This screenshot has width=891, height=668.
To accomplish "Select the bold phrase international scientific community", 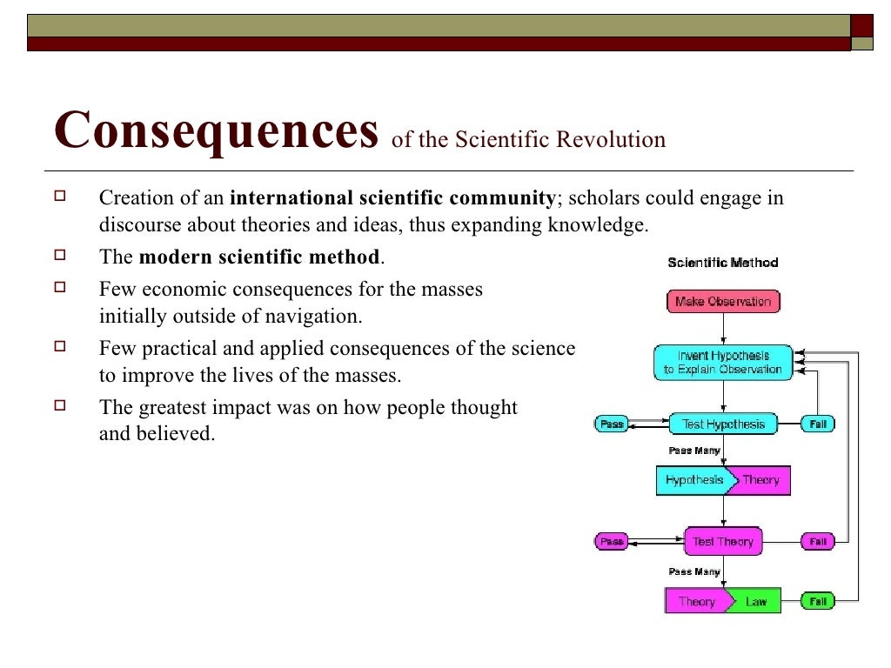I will (392, 198).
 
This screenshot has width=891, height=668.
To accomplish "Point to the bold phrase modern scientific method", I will (259, 257).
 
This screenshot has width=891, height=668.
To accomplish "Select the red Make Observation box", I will (723, 302).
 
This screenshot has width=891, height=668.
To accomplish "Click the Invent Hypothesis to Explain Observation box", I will (723, 362).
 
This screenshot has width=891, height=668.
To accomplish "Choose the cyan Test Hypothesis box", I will (723, 424).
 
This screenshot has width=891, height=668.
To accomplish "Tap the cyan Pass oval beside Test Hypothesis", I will (612, 424).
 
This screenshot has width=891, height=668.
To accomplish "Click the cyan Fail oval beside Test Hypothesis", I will (818, 424).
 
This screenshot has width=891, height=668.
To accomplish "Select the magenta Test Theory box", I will (723, 542).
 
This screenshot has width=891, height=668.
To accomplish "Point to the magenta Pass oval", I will (612, 542).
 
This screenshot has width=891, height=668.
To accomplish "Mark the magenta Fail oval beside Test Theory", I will (818, 542).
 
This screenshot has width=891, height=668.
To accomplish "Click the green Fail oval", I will (818, 601).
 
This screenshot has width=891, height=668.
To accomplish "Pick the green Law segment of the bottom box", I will (755, 601).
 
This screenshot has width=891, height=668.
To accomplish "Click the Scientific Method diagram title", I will (722, 263).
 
